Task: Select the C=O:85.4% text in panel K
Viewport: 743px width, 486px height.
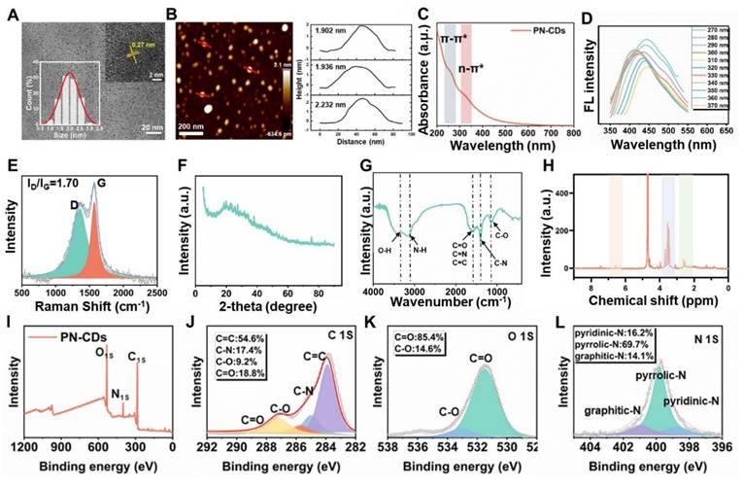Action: [x=424, y=337]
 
